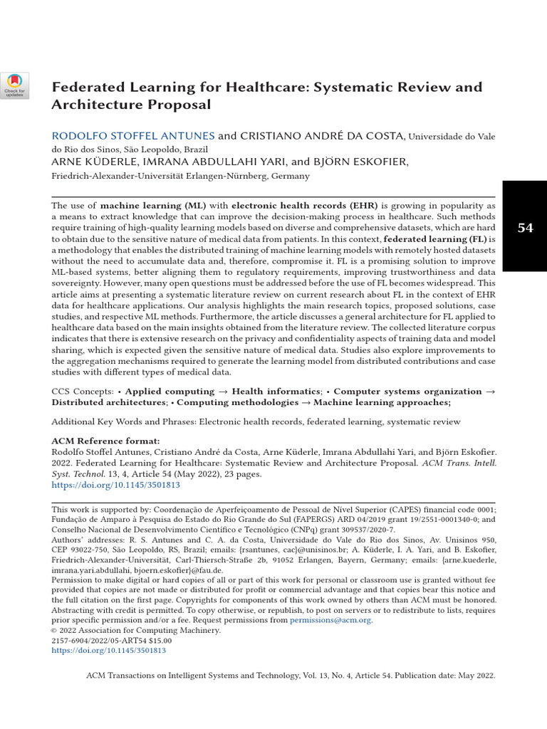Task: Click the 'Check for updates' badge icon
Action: coord(15,85)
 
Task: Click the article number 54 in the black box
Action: coord(525,228)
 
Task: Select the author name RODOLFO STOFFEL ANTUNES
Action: coord(132,136)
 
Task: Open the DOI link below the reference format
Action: coord(115,484)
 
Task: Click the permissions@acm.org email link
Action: coord(330,620)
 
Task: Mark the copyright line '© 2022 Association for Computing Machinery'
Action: coord(136,630)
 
